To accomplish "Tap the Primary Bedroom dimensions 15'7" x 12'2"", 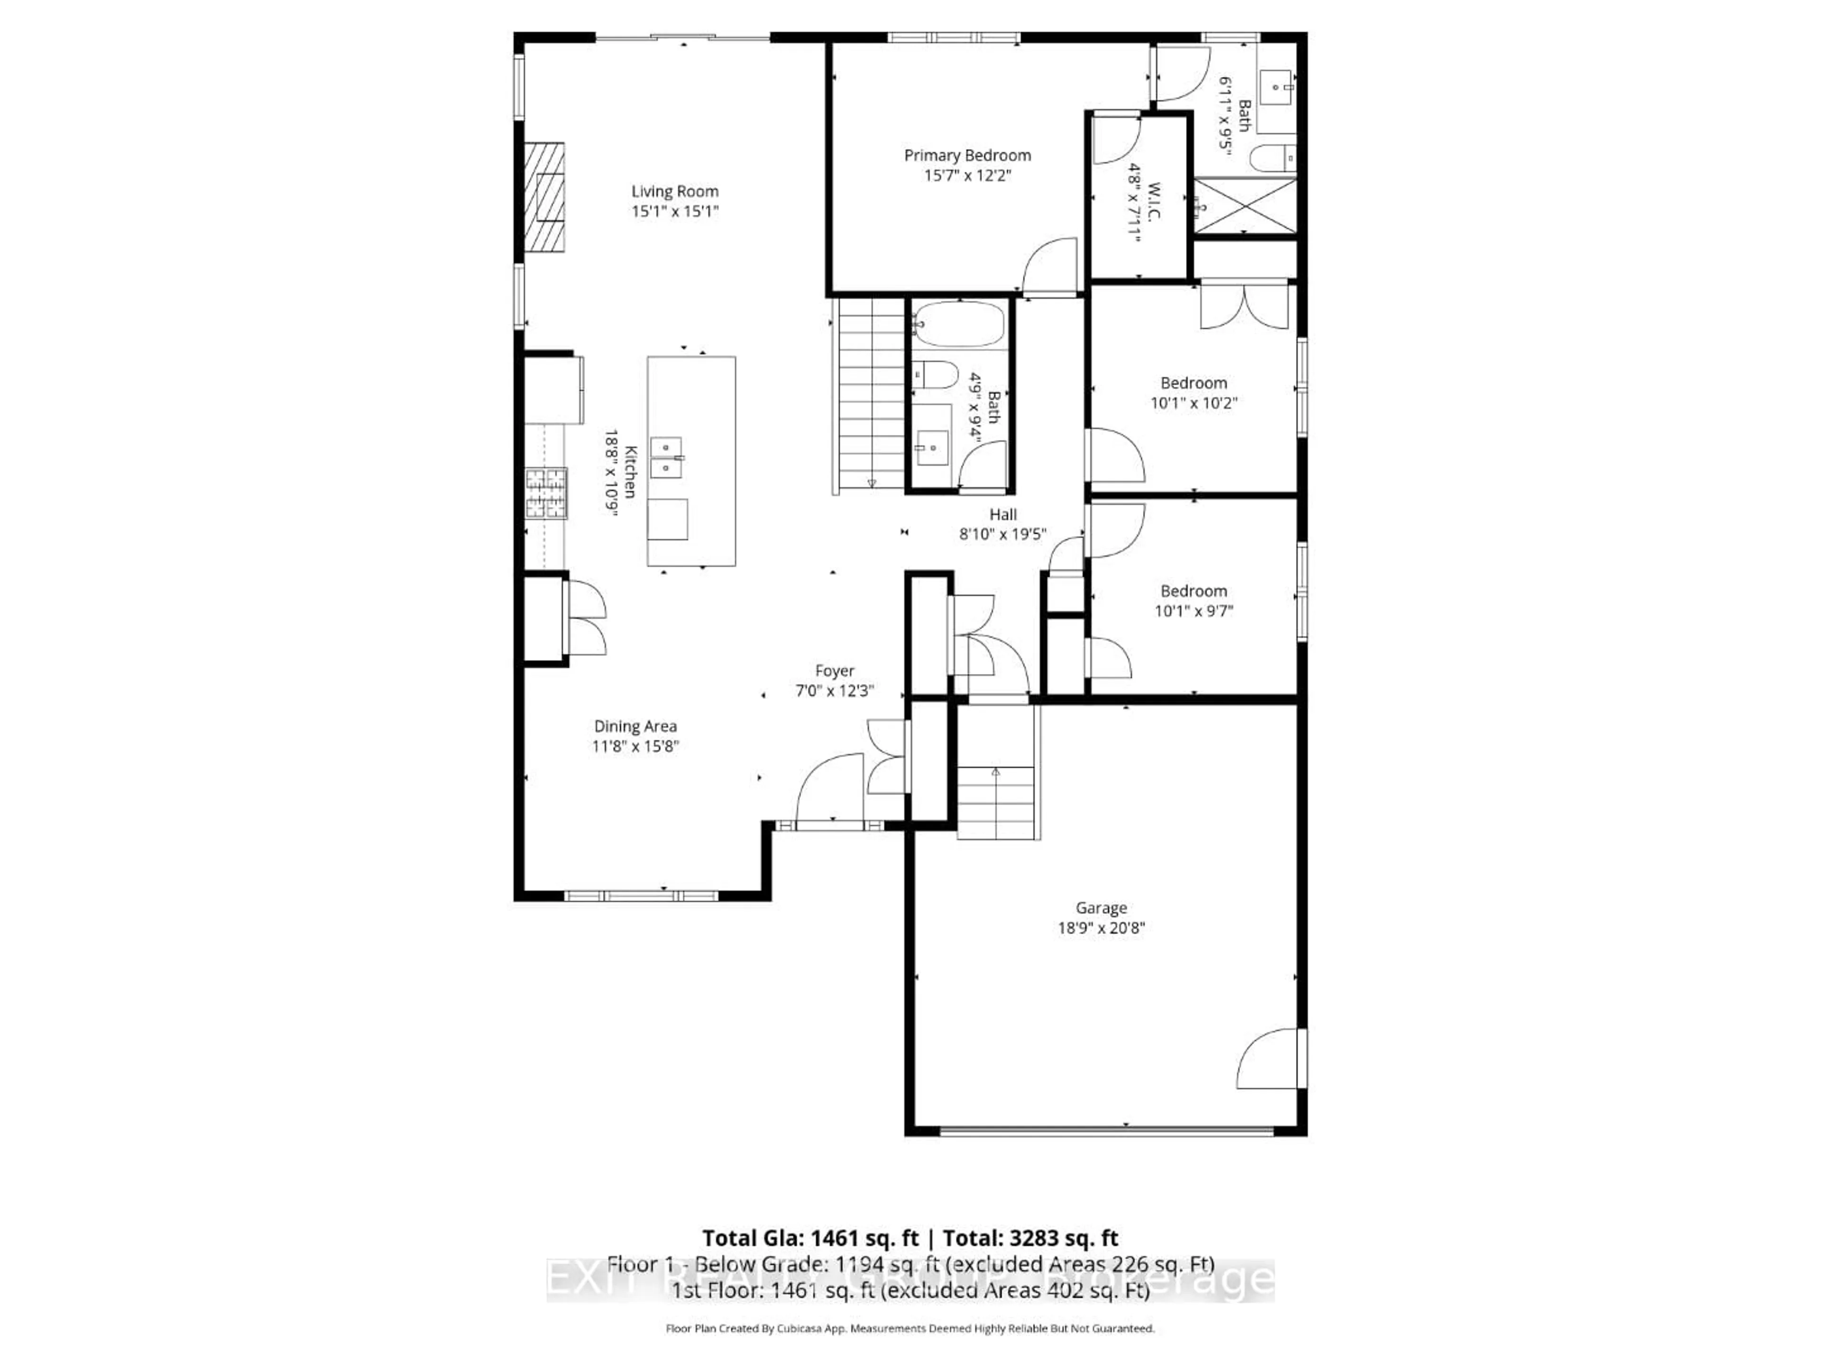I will click(x=967, y=175).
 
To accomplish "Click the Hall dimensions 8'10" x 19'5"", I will click(x=1002, y=535).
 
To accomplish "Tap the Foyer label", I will click(x=835, y=671).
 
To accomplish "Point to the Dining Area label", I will click(x=635, y=726).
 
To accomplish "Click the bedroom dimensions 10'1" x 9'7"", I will click(x=1194, y=611).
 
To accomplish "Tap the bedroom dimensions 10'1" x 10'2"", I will click(x=1194, y=403).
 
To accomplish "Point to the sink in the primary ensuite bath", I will click(x=1277, y=85).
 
